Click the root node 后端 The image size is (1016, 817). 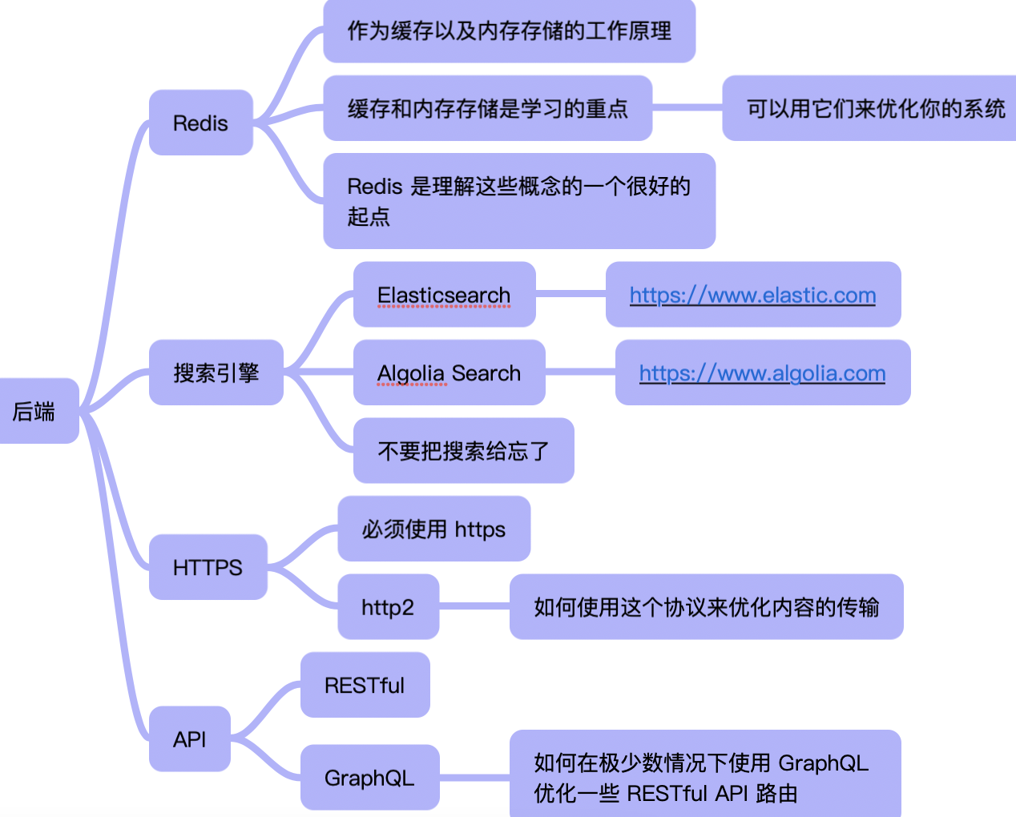(35, 411)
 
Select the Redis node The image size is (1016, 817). (200, 123)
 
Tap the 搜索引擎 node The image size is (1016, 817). (216, 372)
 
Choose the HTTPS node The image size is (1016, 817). (208, 567)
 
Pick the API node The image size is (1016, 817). (190, 739)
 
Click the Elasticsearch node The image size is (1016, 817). (444, 295)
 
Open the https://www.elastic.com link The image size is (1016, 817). (752, 295)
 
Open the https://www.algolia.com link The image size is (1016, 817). (762, 372)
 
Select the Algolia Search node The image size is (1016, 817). (449, 372)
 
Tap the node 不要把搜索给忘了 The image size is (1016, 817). (463, 450)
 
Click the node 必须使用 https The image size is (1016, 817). (433, 529)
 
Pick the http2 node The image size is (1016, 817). (388, 606)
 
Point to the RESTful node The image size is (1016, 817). (365, 685)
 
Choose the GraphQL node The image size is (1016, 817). (369, 777)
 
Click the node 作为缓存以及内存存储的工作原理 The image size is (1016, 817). (509, 31)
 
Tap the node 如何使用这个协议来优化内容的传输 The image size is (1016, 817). (706, 606)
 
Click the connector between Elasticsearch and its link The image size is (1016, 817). (570, 295)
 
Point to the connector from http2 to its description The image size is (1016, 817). (474, 606)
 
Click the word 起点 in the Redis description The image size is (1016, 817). (369, 216)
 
